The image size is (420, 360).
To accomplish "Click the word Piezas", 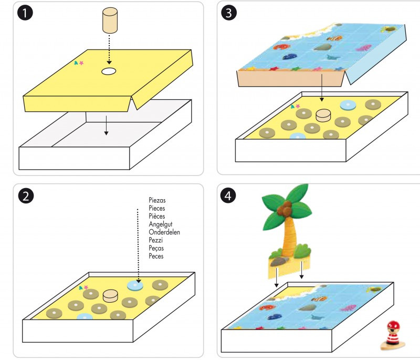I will pos(157,200).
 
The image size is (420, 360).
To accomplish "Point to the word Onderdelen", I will pos(164,232).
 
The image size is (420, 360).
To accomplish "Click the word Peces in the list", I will pos(156,256).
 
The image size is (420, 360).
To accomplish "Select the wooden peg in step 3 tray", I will pos(323,115).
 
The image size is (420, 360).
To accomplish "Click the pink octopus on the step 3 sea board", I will pos(364,49).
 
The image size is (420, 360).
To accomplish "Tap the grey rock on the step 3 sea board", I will pos(321,47).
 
